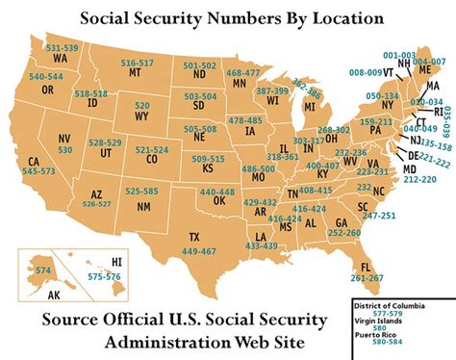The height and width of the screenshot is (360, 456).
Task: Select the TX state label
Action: (x=194, y=236)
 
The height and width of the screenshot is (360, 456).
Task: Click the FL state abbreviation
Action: (x=365, y=267)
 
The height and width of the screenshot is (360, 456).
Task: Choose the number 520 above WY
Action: (x=142, y=103)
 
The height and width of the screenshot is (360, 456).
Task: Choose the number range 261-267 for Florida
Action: (x=367, y=277)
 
